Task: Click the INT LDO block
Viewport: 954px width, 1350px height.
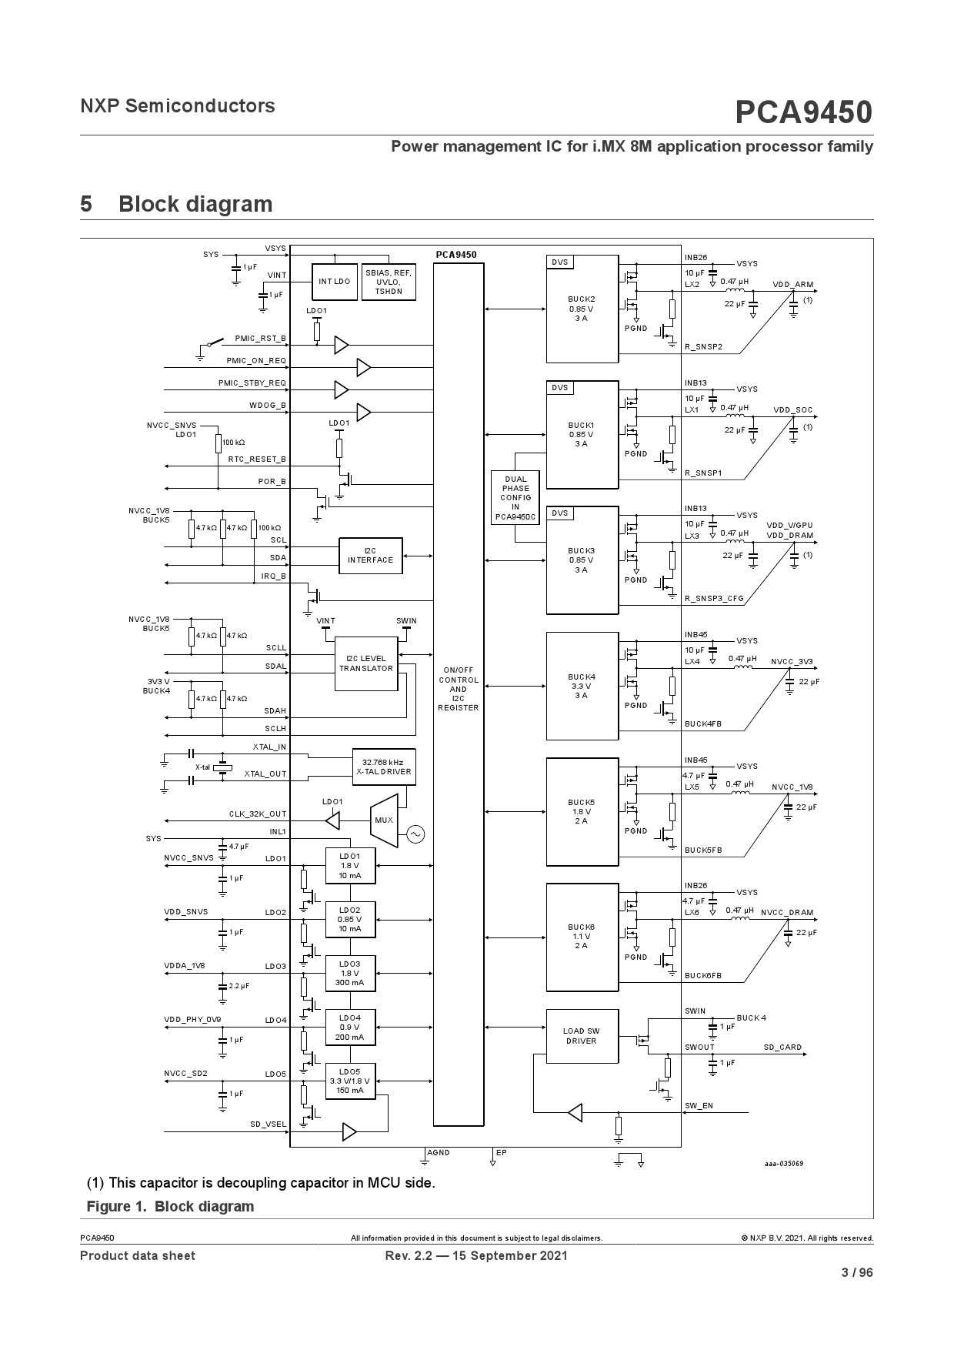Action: coord(335,282)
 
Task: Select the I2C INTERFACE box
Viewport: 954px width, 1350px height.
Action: coord(371,556)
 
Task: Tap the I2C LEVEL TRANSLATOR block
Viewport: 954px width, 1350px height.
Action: coord(366,663)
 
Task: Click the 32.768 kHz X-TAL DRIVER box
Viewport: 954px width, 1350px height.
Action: coord(384,767)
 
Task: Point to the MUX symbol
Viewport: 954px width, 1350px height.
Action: coord(383,820)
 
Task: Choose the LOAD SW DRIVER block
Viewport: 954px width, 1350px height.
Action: coord(582,1036)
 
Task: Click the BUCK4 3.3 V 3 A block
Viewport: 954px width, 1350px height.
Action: coord(582,686)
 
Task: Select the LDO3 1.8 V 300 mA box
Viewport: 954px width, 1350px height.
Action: coord(350,973)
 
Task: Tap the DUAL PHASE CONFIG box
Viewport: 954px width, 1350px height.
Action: coord(516,498)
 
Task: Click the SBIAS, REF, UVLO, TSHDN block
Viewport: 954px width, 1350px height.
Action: coord(389,282)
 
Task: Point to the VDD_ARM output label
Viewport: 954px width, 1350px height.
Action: coord(793,285)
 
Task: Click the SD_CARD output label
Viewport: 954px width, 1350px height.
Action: coord(782,1048)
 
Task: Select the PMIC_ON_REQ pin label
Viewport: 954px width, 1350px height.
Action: coord(256,360)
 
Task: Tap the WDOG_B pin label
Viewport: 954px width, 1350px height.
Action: coord(268,405)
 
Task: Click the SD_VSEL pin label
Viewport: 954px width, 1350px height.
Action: coord(269,1124)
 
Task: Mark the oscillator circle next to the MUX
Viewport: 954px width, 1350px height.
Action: coord(415,834)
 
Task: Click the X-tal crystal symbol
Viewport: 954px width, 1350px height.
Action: coord(222,767)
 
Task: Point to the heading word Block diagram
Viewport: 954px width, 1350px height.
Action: coord(195,204)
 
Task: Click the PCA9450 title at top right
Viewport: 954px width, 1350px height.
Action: coord(804,112)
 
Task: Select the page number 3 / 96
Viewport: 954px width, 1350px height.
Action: coord(857,1272)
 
